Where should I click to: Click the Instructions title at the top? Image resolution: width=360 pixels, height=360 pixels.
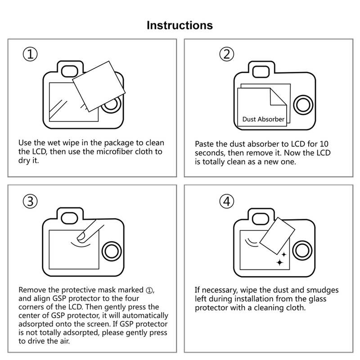[x=180, y=25]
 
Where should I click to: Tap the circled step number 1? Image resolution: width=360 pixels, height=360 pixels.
[x=30, y=55]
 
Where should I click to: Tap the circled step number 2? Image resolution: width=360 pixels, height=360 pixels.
[x=227, y=55]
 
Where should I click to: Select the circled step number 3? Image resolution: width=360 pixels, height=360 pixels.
[x=30, y=202]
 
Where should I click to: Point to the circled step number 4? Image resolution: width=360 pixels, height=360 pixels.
[x=227, y=202]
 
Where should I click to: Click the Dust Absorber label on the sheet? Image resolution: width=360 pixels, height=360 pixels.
[x=263, y=119]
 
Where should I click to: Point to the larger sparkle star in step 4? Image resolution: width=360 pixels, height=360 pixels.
[x=281, y=261]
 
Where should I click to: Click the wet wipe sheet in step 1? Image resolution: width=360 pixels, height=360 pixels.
[x=99, y=85]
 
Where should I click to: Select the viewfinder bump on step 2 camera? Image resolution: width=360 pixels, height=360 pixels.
[x=262, y=71]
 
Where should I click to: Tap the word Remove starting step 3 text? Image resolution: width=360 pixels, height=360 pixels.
[x=33, y=289]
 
